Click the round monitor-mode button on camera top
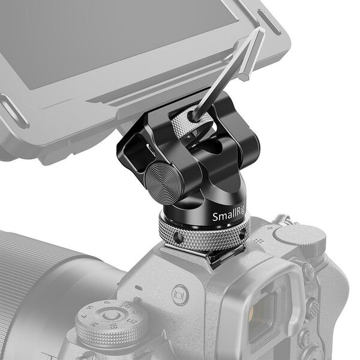180,294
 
